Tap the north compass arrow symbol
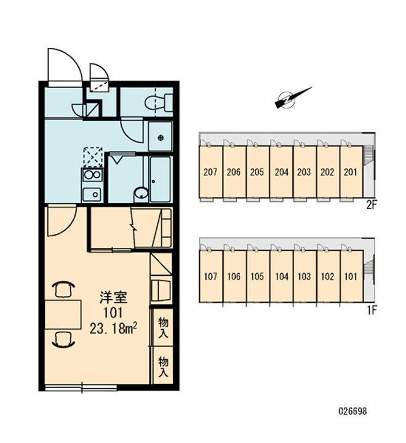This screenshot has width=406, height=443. [x=293, y=98]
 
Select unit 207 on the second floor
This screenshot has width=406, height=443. [x=210, y=172]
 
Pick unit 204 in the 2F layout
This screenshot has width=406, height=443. [x=281, y=172]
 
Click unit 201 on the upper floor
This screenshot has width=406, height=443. [x=351, y=172]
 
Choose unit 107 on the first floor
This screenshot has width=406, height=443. [x=211, y=276]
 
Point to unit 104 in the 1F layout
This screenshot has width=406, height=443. [x=282, y=276]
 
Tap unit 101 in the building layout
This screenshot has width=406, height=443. [x=351, y=276]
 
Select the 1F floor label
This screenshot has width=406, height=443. [x=372, y=311]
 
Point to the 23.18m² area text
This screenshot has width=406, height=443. [x=114, y=329]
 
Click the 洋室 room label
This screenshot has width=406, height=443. [x=113, y=298]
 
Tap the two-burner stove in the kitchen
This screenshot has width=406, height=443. [x=92, y=175]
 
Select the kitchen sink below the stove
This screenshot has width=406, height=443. [x=92, y=194]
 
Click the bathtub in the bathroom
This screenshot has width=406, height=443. [x=160, y=179]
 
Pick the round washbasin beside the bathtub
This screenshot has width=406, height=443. [x=141, y=194]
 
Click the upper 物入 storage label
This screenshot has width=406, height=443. [x=163, y=327]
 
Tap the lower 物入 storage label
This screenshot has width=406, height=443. [x=163, y=367]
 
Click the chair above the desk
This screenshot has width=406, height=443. [x=63, y=289]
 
